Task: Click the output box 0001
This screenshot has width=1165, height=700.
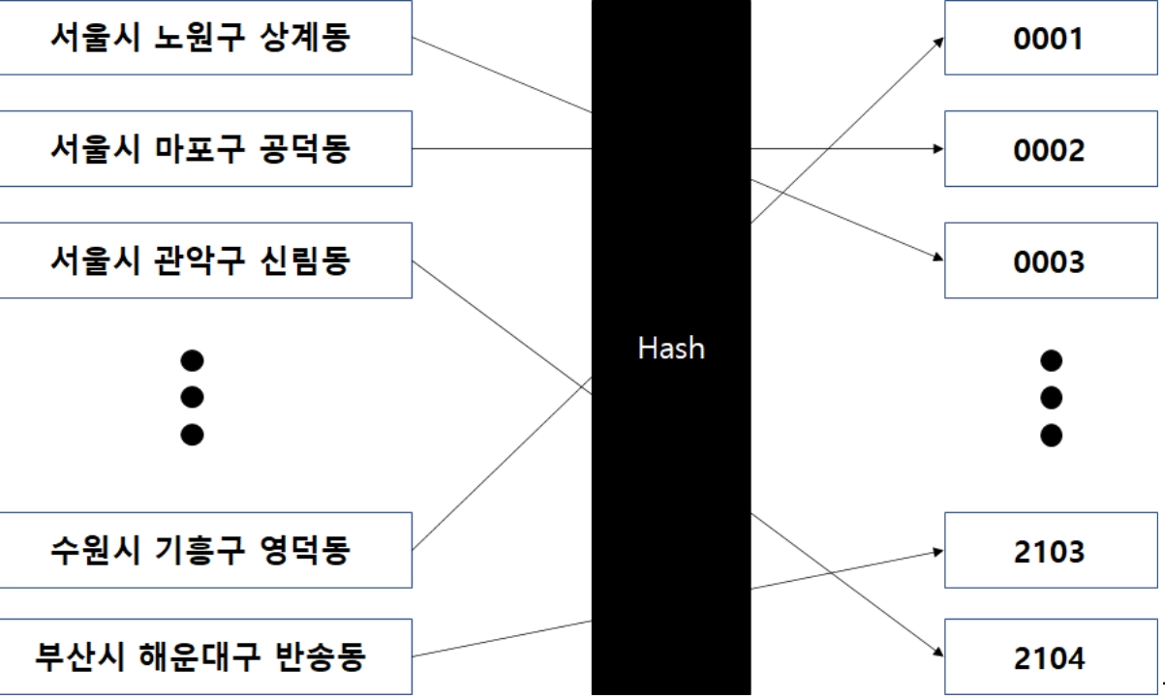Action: (1051, 40)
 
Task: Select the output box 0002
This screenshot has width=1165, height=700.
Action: (1051, 150)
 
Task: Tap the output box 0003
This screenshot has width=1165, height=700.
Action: (1051, 261)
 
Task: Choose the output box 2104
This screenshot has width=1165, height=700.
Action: (1051, 660)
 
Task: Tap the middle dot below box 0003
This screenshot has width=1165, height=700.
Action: (1051, 396)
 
